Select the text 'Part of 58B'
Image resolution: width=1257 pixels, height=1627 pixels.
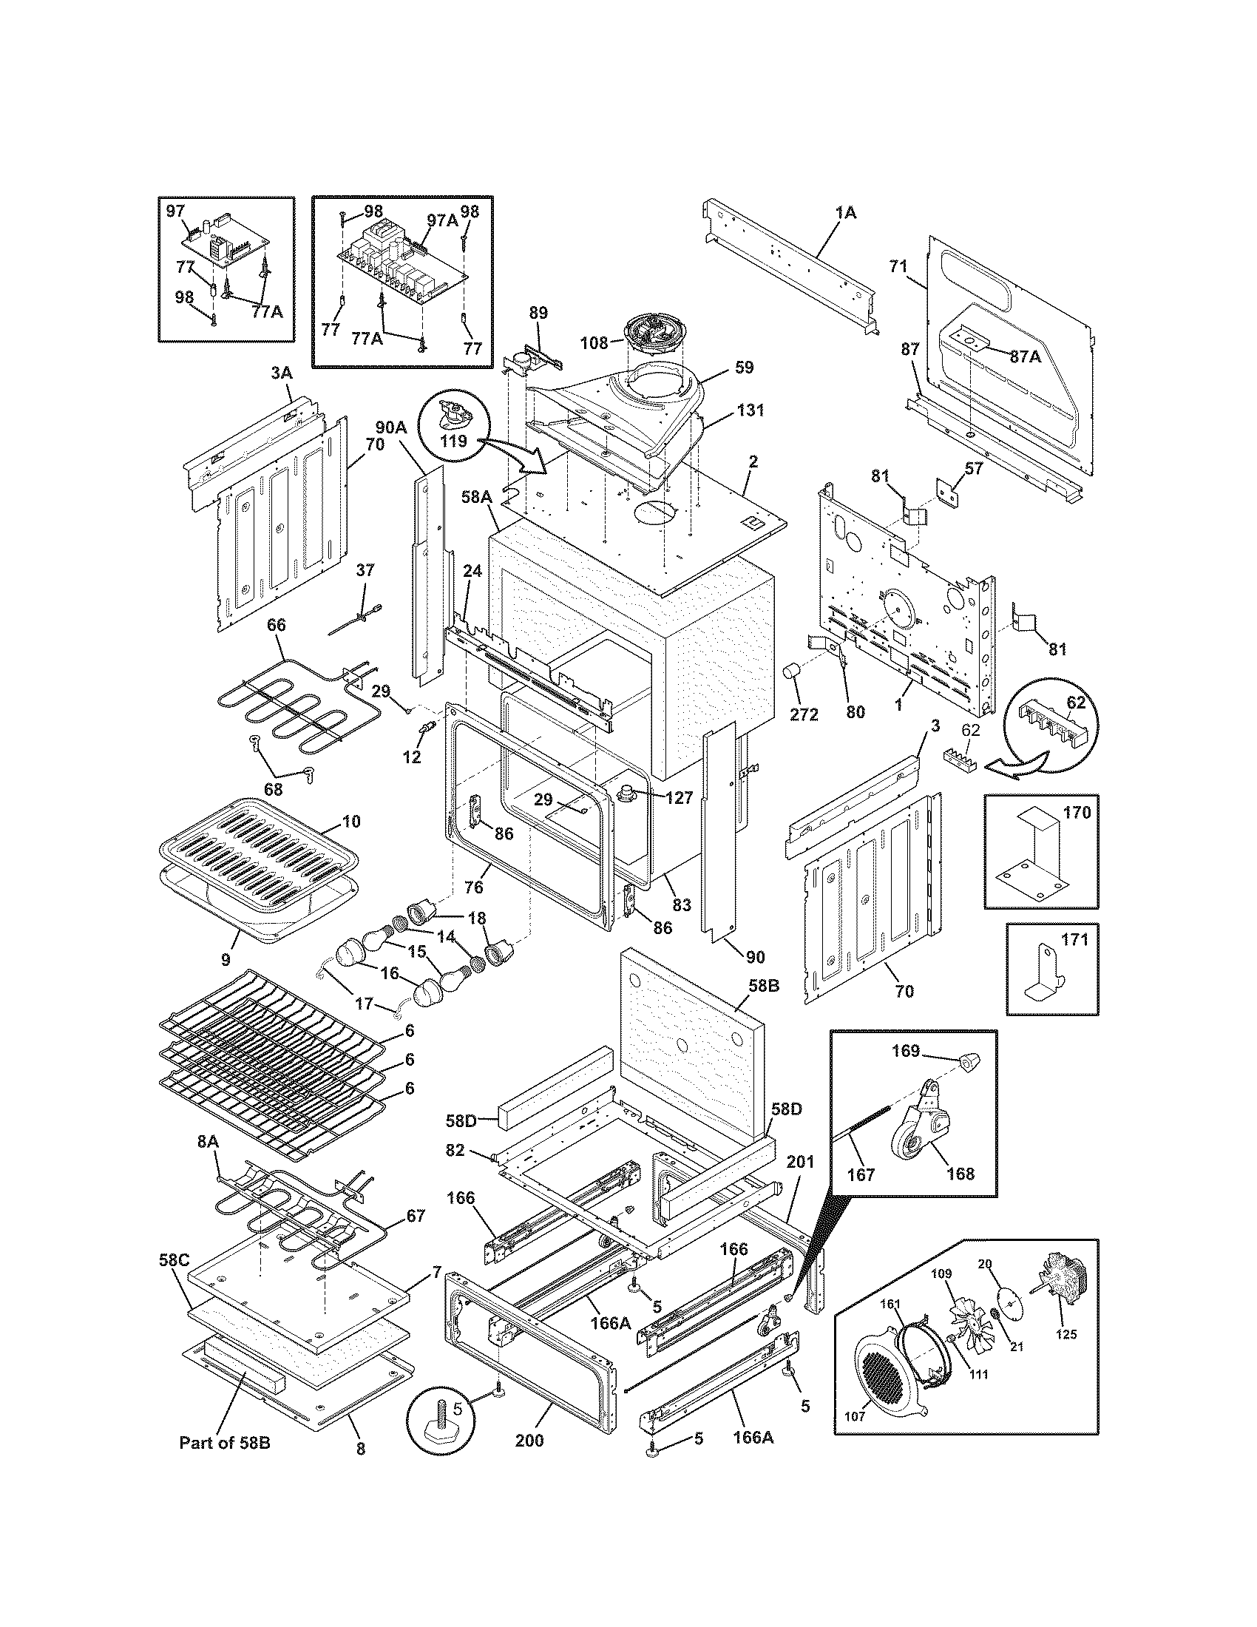click(x=224, y=1464)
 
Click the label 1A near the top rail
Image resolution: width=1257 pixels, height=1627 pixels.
click(x=845, y=212)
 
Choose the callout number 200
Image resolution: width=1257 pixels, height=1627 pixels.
click(x=529, y=1461)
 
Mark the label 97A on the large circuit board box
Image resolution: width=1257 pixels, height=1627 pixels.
click(x=441, y=220)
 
